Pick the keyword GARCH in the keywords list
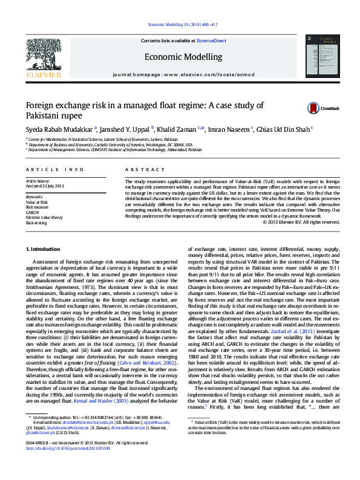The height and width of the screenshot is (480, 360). point(33,213)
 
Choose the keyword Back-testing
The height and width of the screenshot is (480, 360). point(37,222)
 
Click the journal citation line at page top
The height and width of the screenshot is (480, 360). point(180,25)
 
